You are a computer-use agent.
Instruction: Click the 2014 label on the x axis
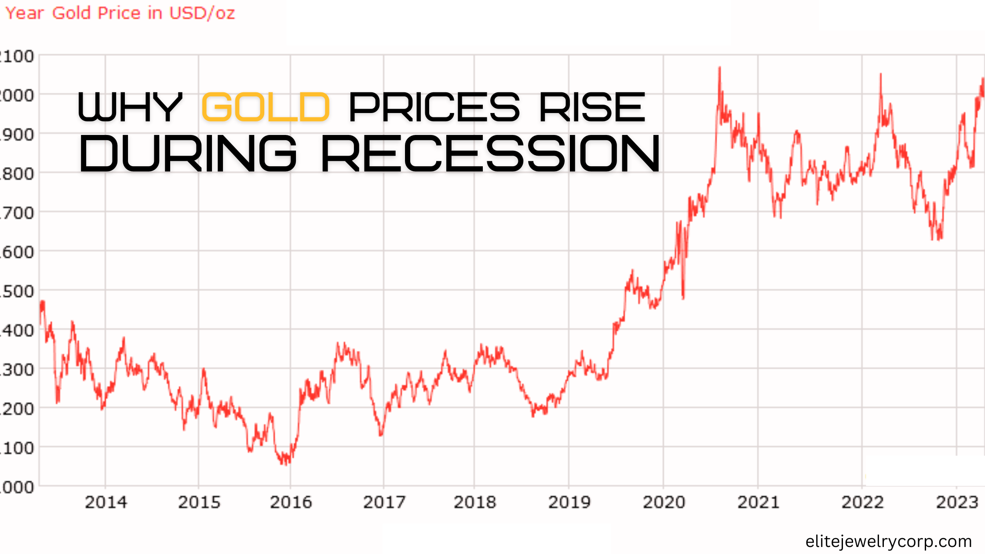[x=106, y=502]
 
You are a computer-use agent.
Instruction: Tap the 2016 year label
[x=291, y=502]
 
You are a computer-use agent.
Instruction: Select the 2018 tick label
[x=474, y=502]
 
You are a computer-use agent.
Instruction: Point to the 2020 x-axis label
[x=664, y=502]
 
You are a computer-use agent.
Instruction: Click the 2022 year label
[x=862, y=502]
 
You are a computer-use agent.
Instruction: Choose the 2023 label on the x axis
[x=957, y=502]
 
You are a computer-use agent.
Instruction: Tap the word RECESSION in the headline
[x=490, y=153]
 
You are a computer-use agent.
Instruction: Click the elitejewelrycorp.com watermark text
[x=888, y=541]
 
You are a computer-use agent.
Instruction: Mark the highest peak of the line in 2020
[x=719, y=68]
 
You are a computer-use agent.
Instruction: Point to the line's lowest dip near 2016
[x=286, y=464]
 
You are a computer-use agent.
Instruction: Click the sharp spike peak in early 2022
[x=880, y=75]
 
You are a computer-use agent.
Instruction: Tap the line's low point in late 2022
[x=938, y=240]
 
